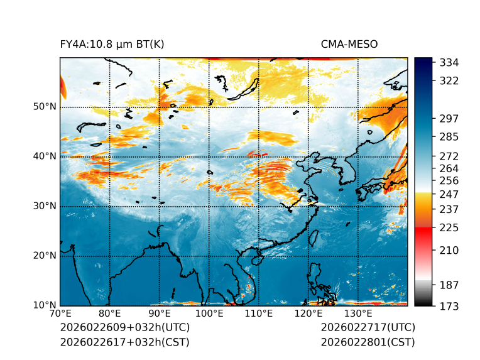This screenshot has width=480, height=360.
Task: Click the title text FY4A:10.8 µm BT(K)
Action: [x=112, y=44]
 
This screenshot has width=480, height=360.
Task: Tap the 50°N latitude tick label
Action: [x=45, y=107]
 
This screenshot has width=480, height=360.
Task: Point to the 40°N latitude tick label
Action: [x=45, y=156]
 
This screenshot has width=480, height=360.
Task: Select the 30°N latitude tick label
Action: [x=45, y=206]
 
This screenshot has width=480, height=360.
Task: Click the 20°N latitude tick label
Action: [x=45, y=256]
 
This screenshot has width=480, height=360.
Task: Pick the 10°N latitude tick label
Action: [x=45, y=305]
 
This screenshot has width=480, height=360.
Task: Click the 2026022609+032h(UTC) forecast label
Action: [x=124, y=328]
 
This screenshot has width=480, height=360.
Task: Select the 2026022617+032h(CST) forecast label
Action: [x=124, y=342]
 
